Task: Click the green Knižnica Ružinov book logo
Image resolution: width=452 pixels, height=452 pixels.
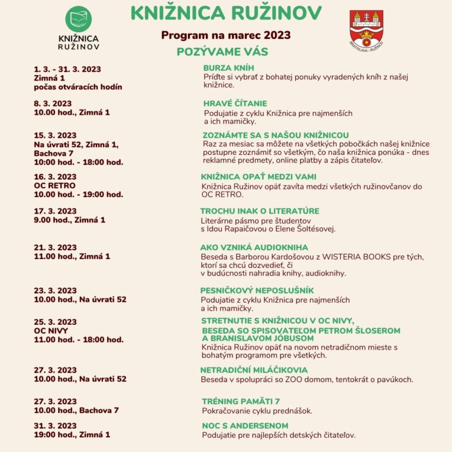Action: pyautogui.click(x=78, y=20)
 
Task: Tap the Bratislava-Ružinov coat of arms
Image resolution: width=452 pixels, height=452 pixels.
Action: pyautogui.click(x=366, y=27)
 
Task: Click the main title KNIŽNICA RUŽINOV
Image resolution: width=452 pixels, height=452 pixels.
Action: pyautogui.click(x=226, y=13)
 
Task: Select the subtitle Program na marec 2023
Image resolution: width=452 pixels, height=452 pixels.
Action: pyautogui.click(x=226, y=35)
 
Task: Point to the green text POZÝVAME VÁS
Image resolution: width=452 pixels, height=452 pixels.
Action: pyautogui.click(x=222, y=52)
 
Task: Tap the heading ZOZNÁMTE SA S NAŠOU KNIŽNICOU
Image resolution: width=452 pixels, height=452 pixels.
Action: pyautogui.click(x=275, y=135)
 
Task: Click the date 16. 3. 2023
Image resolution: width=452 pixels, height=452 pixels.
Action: pyautogui.click(x=55, y=177)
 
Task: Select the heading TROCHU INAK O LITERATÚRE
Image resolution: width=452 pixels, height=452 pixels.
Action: pyautogui.click(x=260, y=211)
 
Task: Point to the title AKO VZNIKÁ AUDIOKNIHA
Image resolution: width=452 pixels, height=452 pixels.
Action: pyautogui.click(x=254, y=248)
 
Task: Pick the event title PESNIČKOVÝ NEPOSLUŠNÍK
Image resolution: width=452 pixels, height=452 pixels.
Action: pyautogui.click(x=257, y=290)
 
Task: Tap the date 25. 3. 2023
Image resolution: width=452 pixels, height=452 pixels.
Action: pyautogui.click(x=55, y=322)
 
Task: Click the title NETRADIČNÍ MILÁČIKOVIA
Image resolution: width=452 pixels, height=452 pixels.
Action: pyautogui.click(x=254, y=370)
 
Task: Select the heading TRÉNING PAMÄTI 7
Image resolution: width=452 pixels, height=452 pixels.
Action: pyautogui.click(x=241, y=401)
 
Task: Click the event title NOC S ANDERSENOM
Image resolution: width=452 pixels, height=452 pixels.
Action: pyautogui.click(x=245, y=426)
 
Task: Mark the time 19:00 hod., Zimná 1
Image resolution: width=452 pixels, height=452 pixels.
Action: pyautogui.click(x=72, y=435)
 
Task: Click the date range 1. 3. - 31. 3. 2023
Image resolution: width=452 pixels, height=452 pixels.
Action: pyautogui.click(x=68, y=69)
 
